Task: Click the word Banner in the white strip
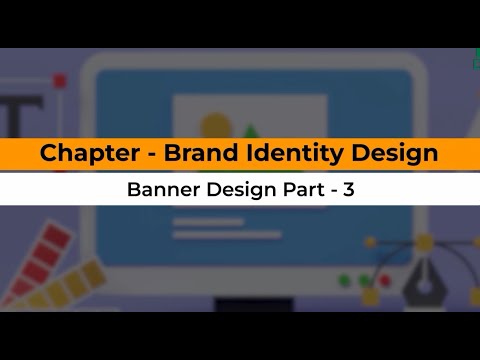160,190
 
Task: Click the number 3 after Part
348,190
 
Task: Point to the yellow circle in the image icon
215,128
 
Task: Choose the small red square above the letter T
59,79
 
